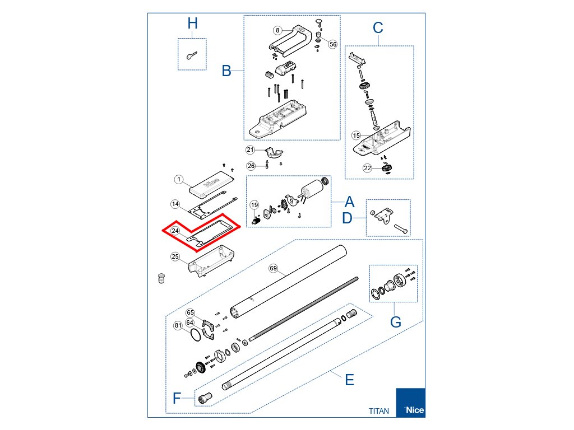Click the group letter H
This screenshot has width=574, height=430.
(192, 24)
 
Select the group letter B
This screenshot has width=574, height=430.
(226, 71)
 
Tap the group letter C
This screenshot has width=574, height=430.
(378, 27)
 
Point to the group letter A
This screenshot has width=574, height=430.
(350, 202)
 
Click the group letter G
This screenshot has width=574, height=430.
(396, 322)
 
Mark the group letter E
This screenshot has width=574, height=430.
(349, 380)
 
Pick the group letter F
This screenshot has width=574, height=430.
(177, 398)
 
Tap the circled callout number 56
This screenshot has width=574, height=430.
(332, 44)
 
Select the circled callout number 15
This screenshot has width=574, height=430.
(356, 135)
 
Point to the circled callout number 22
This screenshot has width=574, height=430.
(367, 167)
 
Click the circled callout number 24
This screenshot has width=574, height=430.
(175, 231)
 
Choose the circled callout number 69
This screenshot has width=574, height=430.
(274, 269)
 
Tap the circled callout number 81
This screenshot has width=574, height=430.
(178, 325)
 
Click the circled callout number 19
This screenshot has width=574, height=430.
(254, 204)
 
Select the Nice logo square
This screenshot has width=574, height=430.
(410, 403)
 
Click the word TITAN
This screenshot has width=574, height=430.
(379, 410)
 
